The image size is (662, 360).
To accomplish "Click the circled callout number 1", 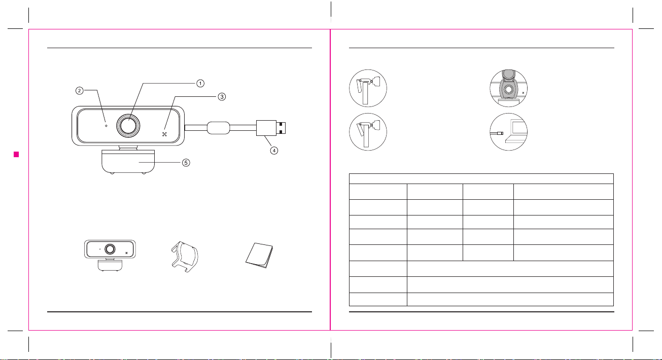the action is pyautogui.click(x=200, y=83).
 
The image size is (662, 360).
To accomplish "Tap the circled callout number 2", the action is pyautogui.click(x=79, y=91).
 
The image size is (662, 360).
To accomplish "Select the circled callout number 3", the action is pyautogui.click(x=222, y=96).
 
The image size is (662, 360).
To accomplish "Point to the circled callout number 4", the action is pyautogui.click(x=274, y=151).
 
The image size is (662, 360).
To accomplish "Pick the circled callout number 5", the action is pyautogui.click(x=186, y=163).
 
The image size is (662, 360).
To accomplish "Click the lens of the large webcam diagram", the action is pyautogui.click(x=128, y=126).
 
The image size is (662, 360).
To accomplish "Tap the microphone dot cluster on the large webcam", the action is pyautogui.click(x=165, y=134).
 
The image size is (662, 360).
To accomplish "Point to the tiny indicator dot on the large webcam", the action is pyautogui.click(x=106, y=126).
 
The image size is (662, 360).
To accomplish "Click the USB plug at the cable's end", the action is pyautogui.click(x=271, y=128).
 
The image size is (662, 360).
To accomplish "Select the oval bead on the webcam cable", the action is pyautogui.click(x=219, y=128).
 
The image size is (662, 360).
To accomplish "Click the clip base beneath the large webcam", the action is pyautogui.click(x=128, y=162).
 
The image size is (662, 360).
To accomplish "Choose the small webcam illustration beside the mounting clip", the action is pyautogui.click(x=110, y=256).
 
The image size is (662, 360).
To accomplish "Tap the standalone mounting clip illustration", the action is pyautogui.click(x=185, y=257).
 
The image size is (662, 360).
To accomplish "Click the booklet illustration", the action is pyautogui.click(x=259, y=255).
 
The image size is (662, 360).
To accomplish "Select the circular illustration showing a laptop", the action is pyautogui.click(x=508, y=132).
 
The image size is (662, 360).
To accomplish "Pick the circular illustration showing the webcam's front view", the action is pyautogui.click(x=508, y=88).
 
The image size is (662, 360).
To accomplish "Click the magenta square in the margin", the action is pyautogui.click(x=16, y=155).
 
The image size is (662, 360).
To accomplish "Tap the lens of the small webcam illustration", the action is pyautogui.click(x=110, y=249).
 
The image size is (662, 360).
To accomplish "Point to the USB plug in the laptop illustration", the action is pyautogui.click(x=500, y=133).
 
